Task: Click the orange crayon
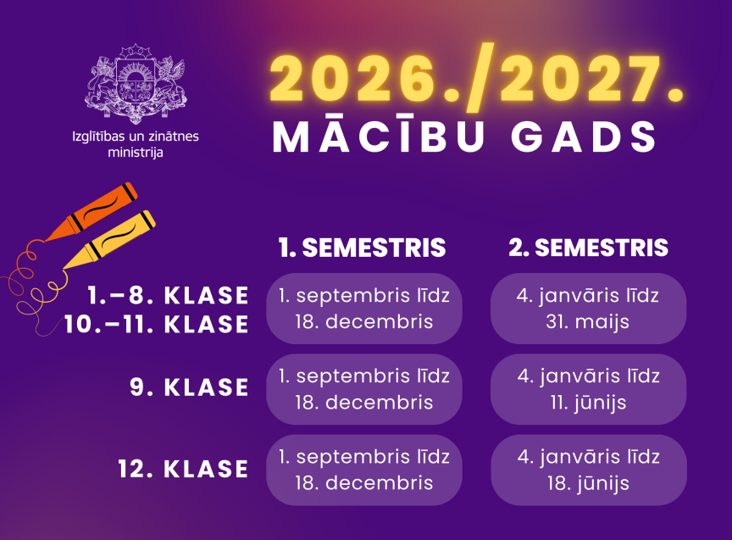click(92, 212)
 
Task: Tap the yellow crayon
click(109, 240)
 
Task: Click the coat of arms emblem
click(136, 84)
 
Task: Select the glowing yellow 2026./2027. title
click(476, 79)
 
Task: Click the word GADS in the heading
click(584, 136)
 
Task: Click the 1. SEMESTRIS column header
click(363, 248)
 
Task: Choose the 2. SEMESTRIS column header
click(588, 248)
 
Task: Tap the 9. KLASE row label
click(189, 387)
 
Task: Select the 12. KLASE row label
click(183, 469)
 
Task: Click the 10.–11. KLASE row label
click(157, 324)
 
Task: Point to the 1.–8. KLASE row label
click(168, 296)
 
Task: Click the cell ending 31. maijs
click(588, 309)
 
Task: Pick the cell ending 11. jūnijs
click(588, 389)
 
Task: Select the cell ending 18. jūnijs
click(588, 470)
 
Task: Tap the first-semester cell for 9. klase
click(364, 389)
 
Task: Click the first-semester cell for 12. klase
click(364, 470)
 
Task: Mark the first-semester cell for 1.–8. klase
click(364, 309)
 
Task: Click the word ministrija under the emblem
click(136, 153)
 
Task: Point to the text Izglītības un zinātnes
click(136, 136)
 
